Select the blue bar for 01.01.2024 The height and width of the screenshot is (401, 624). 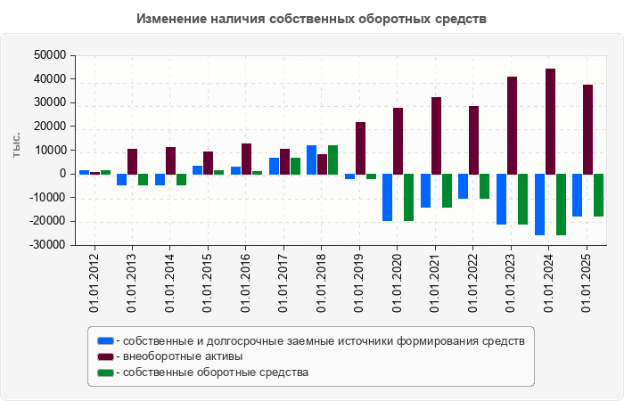tap(539, 204)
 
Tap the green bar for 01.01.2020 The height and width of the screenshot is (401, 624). tap(408, 197)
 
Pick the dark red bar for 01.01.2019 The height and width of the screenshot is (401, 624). tap(360, 148)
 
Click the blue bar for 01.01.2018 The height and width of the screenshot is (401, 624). tap(312, 160)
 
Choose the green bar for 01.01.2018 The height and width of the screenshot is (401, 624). tap(333, 160)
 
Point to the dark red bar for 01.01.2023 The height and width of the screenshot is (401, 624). tap(512, 125)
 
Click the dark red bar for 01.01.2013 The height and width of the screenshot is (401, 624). tap(132, 161)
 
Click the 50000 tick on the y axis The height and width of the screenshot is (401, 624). tap(50, 55)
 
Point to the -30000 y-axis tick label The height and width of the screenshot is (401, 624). tap(48, 245)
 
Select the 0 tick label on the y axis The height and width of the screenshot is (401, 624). tap(64, 174)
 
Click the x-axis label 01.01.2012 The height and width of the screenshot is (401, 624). tap(94, 282)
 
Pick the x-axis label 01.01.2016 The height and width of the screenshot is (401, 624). tap(246, 282)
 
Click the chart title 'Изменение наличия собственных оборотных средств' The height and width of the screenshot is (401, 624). tap(312, 18)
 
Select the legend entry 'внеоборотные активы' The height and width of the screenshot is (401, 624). tap(183, 356)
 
